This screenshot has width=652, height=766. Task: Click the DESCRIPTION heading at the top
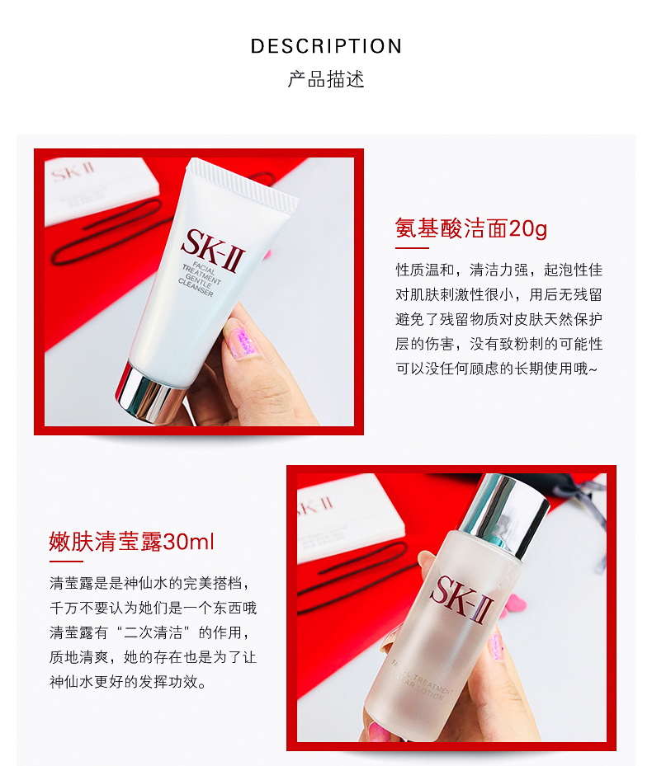326,46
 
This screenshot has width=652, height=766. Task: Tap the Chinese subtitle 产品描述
326,79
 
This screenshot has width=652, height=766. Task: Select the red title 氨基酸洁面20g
471,228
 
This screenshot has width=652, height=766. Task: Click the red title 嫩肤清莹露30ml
131,542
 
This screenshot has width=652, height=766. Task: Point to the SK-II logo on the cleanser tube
213,251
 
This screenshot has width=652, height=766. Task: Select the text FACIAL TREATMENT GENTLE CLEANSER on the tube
200,280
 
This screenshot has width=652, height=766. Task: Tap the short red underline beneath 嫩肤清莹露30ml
66,562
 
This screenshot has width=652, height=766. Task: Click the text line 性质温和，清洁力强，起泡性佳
499,270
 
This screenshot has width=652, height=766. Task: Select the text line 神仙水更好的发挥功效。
128,682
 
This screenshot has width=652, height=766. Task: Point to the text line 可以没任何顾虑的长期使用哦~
497,369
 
